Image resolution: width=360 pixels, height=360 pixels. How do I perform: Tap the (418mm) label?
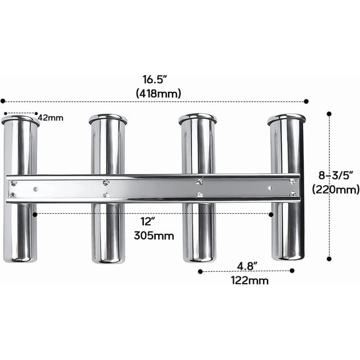coord(158,94)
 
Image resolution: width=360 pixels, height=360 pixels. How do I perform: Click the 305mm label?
coord(154,236)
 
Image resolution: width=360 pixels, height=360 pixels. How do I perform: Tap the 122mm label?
coord(249,281)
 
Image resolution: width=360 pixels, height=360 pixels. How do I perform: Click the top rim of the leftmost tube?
coord(20,119)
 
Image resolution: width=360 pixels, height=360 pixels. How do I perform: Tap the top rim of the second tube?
coord(107,117)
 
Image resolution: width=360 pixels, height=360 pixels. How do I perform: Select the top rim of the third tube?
coord(197,117)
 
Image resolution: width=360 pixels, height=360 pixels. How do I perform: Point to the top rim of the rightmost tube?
coord(287,117)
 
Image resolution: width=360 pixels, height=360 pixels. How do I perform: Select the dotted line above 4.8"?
coord(246,271)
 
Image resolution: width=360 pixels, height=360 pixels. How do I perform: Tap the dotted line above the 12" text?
coord(154,214)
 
